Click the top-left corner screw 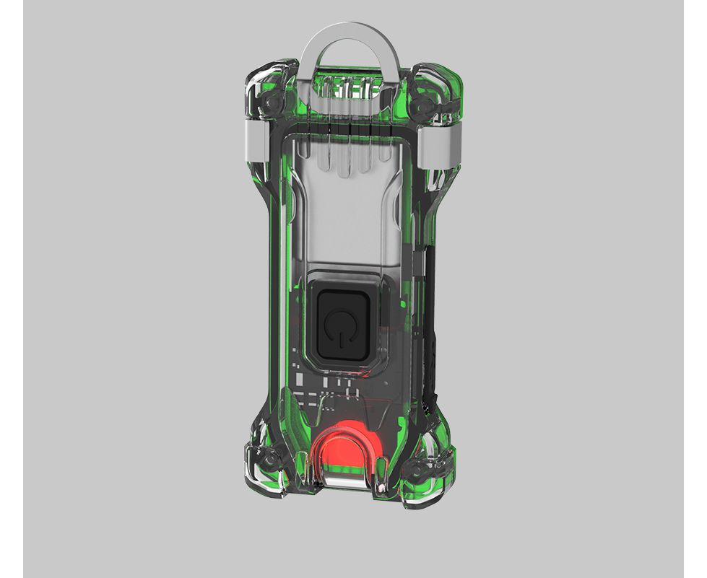point(270,105)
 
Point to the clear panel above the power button point(347,209)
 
